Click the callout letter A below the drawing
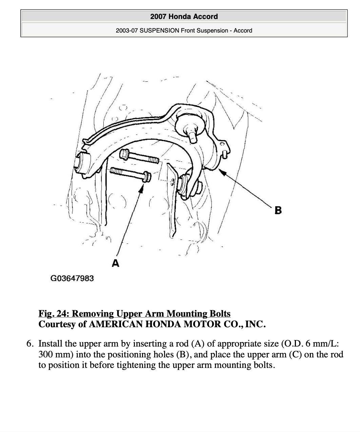click(x=116, y=263)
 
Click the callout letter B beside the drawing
click(x=278, y=210)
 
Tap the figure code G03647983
click(x=72, y=278)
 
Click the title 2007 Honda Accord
click(x=184, y=17)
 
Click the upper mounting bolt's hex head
click(x=124, y=155)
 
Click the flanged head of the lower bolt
click(x=147, y=177)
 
